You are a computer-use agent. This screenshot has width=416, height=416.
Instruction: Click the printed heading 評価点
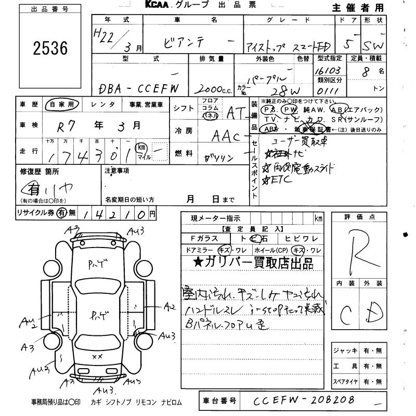tap(359, 217)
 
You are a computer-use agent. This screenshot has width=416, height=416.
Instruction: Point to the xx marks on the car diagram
tap(97, 356)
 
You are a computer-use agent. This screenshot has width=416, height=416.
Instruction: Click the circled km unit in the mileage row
tap(140, 148)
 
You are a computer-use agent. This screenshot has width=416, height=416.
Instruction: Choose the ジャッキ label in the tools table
tap(345, 351)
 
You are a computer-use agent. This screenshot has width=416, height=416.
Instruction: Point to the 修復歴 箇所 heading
tap(40, 171)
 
